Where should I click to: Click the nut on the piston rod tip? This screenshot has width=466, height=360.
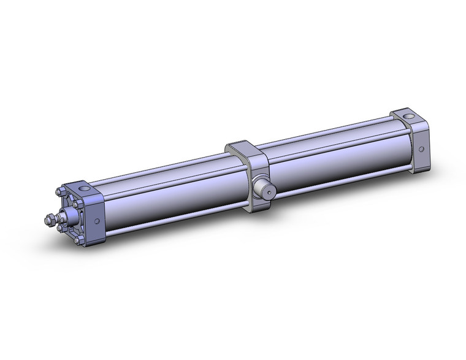(x=50, y=218)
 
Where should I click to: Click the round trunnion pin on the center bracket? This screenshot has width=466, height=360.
(x=262, y=187)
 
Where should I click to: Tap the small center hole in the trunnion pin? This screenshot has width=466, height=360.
(x=268, y=191)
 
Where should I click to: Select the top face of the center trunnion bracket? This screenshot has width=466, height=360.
(x=242, y=147)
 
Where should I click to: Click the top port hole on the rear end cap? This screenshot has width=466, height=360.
(x=405, y=116)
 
